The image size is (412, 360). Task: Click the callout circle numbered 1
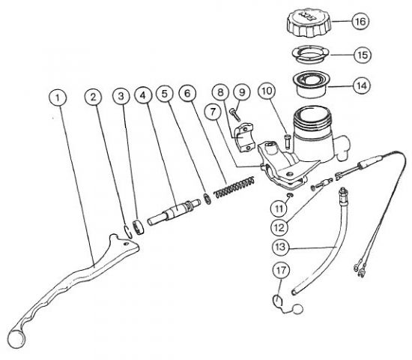pyautogui.click(x=58, y=98)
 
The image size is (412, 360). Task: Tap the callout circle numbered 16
pyautogui.click(x=360, y=21)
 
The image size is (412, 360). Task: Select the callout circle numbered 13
pyautogui.click(x=281, y=247)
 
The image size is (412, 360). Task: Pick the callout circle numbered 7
pyautogui.click(x=213, y=112)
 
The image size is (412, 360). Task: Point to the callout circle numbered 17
pyautogui.click(x=281, y=270)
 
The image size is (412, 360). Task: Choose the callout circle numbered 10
pyautogui.click(x=267, y=91)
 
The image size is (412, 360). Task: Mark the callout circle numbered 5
pyautogui.click(x=165, y=94)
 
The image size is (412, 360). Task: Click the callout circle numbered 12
pyautogui.click(x=279, y=227)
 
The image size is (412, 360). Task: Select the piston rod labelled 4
pyautogui.click(x=174, y=211)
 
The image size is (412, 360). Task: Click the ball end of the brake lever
pyautogui.click(x=16, y=339)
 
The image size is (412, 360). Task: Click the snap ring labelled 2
pyautogui.click(x=127, y=231)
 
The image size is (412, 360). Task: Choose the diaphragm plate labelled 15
pyautogui.click(x=310, y=55)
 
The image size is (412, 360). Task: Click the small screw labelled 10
pyautogui.click(x=287, y=141)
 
